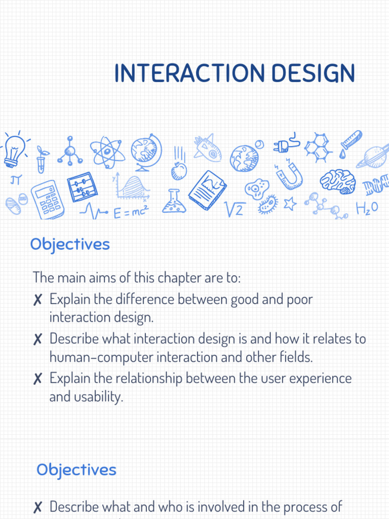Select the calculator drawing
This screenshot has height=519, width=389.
pyautogui.click(x=47, y=199)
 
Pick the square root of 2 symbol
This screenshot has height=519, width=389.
pyautogui.click(x=235, y=209)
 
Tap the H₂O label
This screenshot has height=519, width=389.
pyautogui.click(x=367, y=208)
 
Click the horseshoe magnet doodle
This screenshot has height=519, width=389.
pyautogui.click(x=289, y=175)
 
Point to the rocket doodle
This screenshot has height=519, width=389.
pyautogui.click(x=207, y=147)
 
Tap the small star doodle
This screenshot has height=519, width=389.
pyautogui.click(x=290, y=204)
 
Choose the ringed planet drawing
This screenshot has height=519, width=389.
pyautogui.click(x=373, y=156)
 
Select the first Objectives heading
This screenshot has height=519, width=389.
pyautogui.click(x=70, y=244)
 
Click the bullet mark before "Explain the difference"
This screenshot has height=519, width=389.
pyautogui.click(x=37, y=300)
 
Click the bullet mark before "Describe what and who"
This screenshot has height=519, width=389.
pyautogui.click(x=37, y=507)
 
